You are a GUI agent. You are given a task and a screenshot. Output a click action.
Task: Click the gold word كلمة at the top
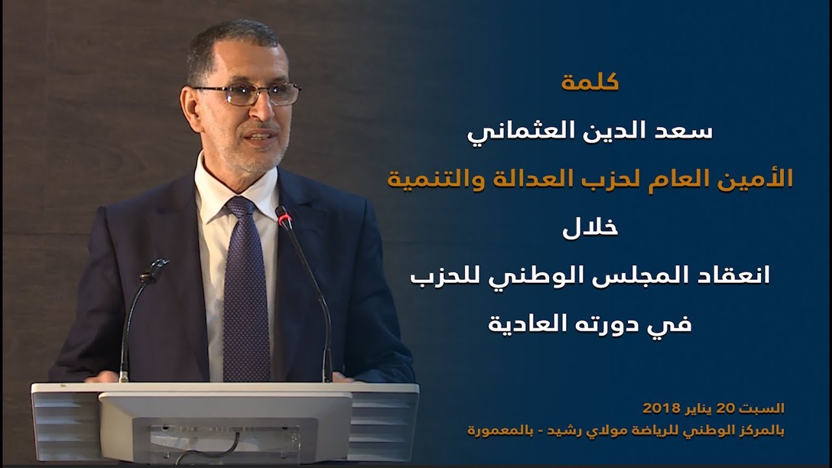coord(590,83)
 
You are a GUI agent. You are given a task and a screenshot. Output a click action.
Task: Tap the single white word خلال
coord(590,227)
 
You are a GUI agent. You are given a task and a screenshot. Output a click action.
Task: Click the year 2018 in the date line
coord(661,408)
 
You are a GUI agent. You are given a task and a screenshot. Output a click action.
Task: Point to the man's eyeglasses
coord(247,94)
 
